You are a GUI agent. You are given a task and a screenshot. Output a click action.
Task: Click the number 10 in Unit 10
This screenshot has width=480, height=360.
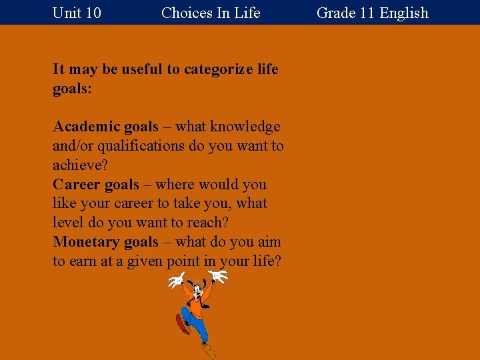[x=93, y=13]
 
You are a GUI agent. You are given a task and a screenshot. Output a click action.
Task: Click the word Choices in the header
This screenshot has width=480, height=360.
[x=183, y=13]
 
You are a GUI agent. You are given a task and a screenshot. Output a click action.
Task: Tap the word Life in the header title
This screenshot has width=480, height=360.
[x=247, y=13]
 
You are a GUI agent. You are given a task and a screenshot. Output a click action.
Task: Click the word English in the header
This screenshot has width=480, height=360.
[x=404, y=13]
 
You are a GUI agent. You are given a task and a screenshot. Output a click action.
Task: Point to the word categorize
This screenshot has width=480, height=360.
[x=217, y=69]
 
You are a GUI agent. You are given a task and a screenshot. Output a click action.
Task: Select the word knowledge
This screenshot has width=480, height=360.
[x=245, y=127]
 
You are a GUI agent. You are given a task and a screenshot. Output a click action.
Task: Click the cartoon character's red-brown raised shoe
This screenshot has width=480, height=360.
[x=181, y=325]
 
